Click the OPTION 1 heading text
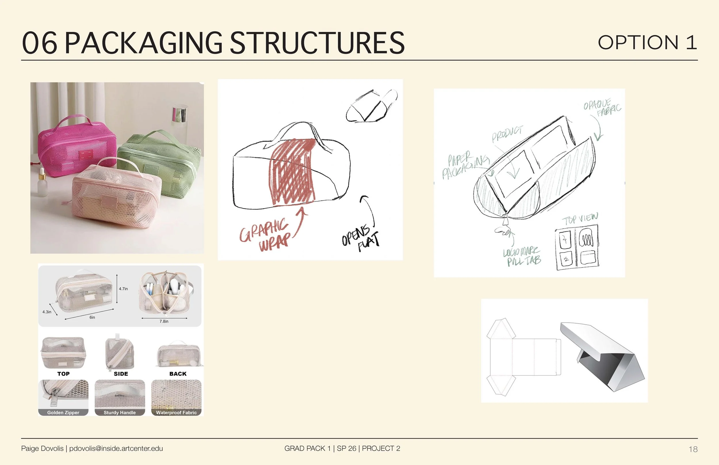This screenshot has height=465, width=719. [x=647, y=42]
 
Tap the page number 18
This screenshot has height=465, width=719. [x=693, y=449]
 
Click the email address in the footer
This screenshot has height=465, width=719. [x=116, y=448]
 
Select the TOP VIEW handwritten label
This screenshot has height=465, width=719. [x=580, y=219]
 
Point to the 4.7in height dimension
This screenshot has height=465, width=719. [x=123, y=289]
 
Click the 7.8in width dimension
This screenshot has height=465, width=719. [x=164, y=322]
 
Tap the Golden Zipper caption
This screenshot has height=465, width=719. [x=63, y=412]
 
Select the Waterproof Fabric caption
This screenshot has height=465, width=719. [x=176, y=412]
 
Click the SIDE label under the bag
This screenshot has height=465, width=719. [x=121, y=374]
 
